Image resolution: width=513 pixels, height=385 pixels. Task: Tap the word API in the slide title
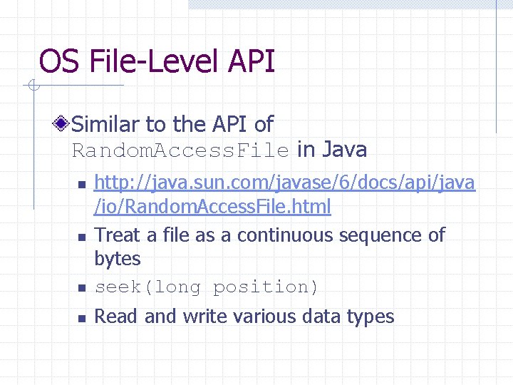(x=252, y=61)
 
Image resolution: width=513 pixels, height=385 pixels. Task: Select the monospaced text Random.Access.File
(x=181, y=150)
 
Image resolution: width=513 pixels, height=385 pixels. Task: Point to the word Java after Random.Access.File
(x=345, y=150)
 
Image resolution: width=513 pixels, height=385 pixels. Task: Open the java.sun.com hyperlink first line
(x=284, y=183)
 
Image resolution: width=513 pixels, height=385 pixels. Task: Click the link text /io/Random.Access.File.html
(x=213, y=207)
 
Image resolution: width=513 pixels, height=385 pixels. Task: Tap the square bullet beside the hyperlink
(x=82, y=185)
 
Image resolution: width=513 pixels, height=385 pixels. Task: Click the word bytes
(x=118, y=259)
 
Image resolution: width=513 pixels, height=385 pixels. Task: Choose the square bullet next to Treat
(x=82, y=237)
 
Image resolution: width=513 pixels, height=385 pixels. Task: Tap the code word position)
(x=266, y=287)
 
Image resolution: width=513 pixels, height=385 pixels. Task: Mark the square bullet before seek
(x=82, y=289)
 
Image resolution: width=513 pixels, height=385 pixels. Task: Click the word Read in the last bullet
(x=117, y=317)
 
